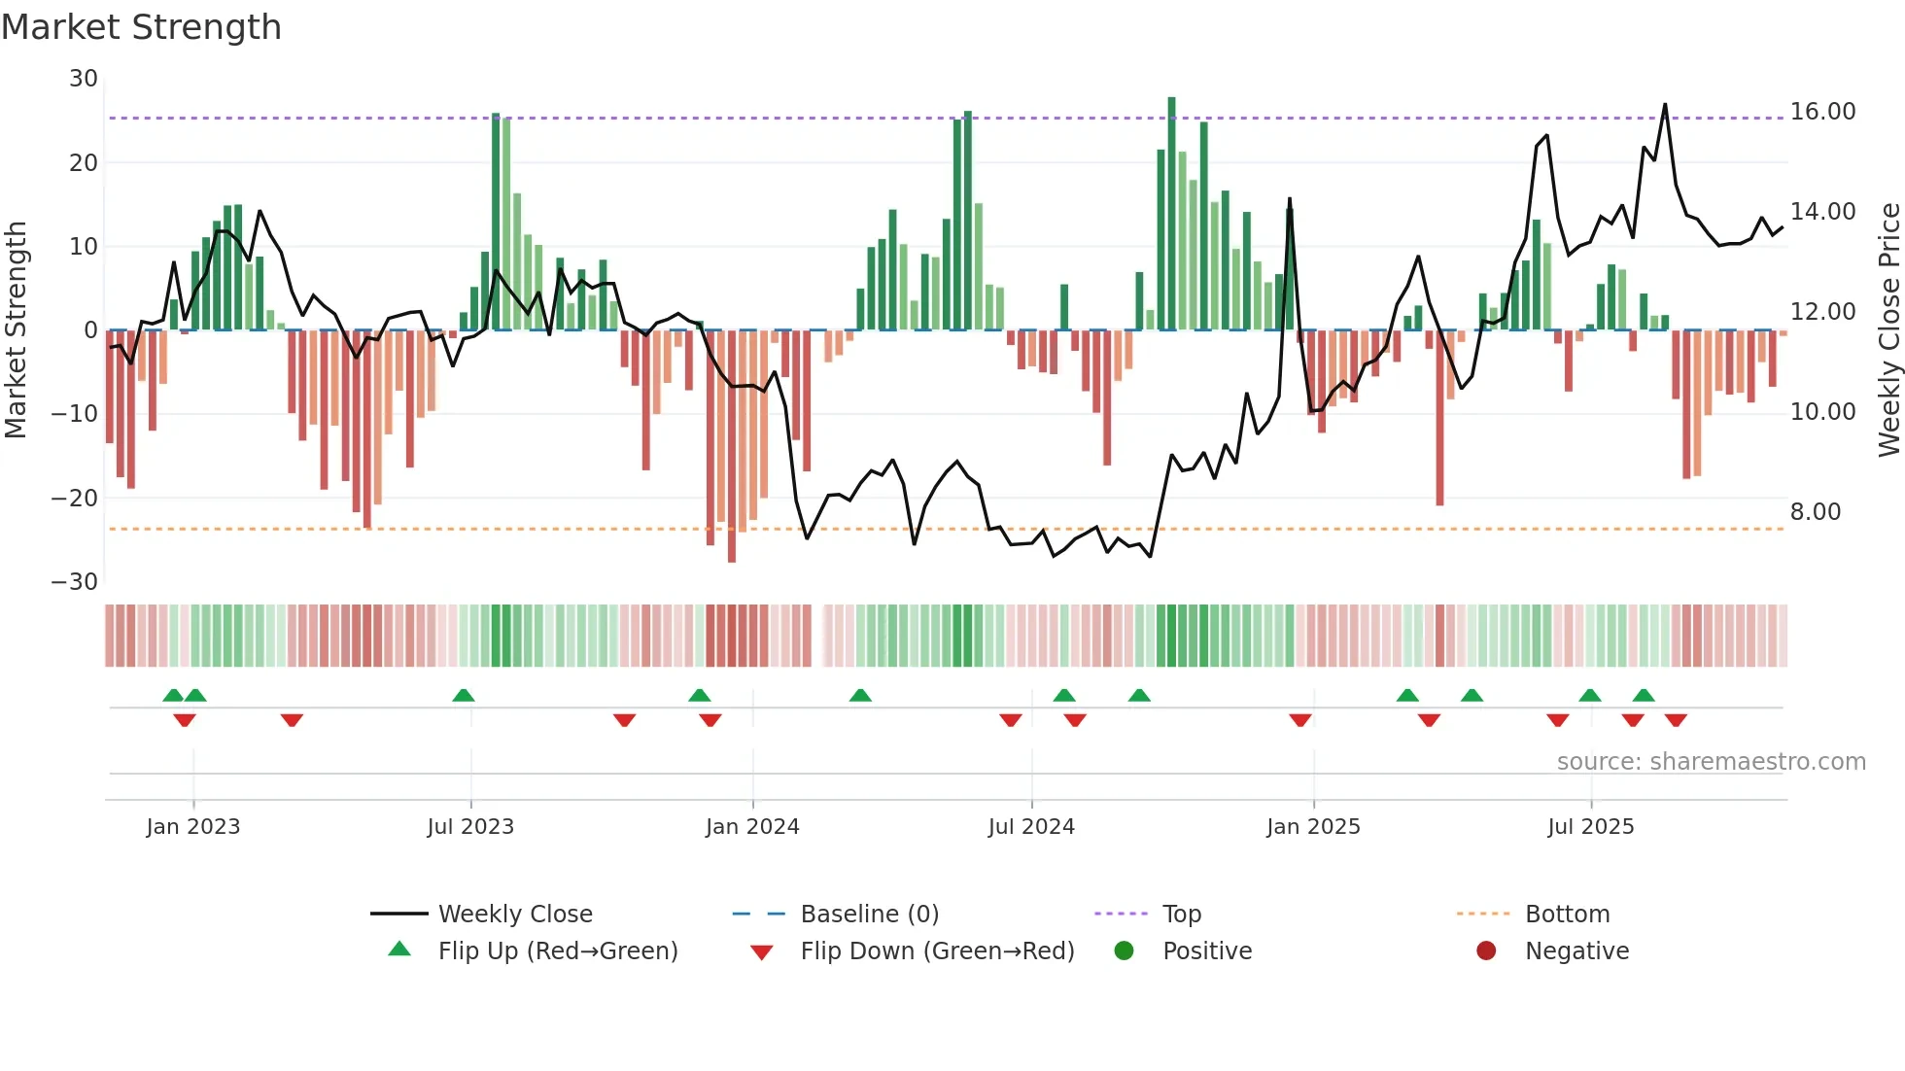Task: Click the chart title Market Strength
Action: point(141,27)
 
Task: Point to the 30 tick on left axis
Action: point(84,79)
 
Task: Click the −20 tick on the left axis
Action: point(75,499)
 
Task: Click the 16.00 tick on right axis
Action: point(1822,112)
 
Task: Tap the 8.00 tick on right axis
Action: point(1815,512)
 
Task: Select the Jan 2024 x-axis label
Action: point(752,827)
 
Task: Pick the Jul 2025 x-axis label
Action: point(1590,827)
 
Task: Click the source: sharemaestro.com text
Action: point(1711,762)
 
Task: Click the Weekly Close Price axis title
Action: point(1888,330)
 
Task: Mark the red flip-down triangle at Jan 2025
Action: point(1300,720)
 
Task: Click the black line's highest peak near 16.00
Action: point(1665,105)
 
